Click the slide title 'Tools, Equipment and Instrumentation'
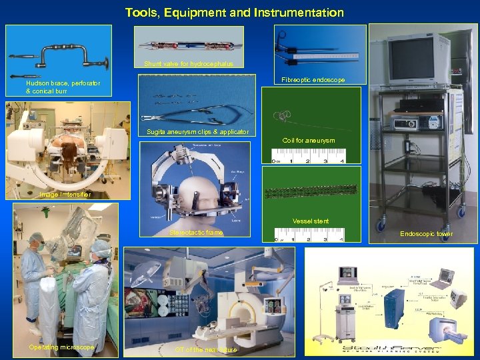click(234, 13)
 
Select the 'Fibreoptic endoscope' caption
click(313, 80)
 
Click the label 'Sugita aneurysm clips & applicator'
click(197, 131)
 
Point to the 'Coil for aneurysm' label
click(309, 140)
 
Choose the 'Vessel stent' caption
click(311, 221)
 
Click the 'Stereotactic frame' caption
click(196, 233)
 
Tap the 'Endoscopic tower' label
click(426, 234)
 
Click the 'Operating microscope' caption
click(61, 347)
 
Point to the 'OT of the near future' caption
click(205, 350)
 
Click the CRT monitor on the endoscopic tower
click(411, 59)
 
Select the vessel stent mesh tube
click(311, 193)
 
